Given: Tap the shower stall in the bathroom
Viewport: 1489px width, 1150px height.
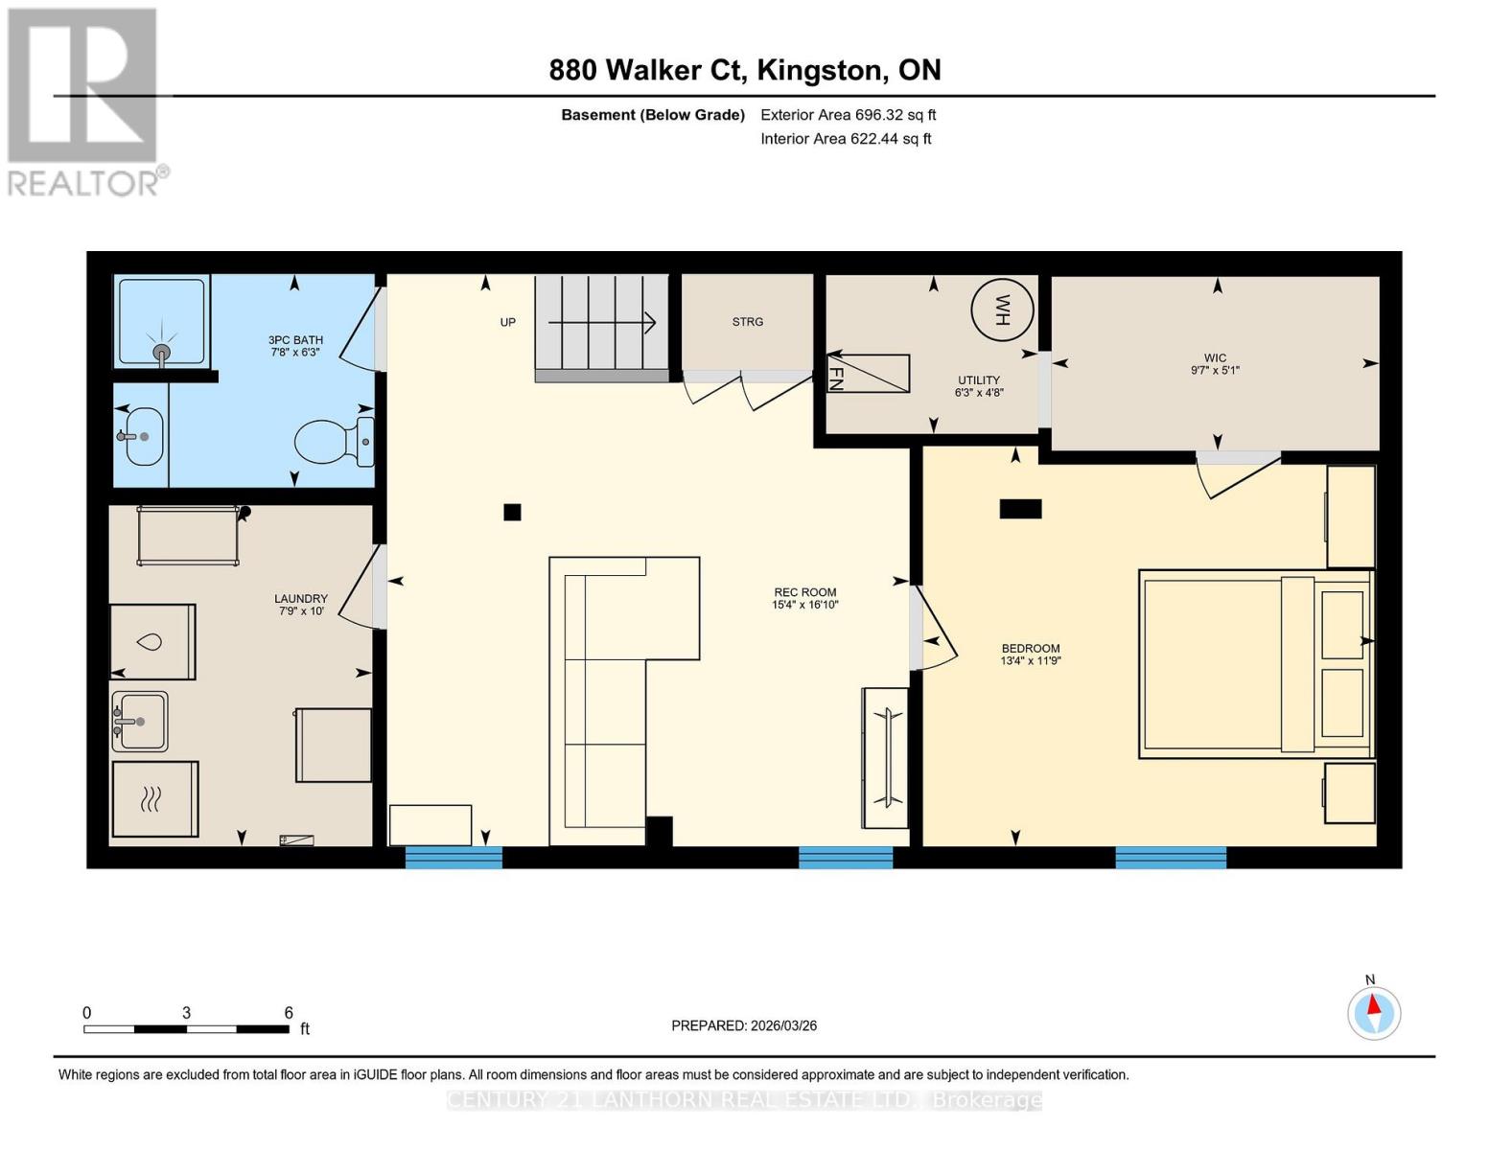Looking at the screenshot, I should pyautogui.click(x=161, y=322).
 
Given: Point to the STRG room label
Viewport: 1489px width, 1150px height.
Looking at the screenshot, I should pyautogui.click(x=748, y=322).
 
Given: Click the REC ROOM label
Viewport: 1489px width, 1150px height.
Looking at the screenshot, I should pyautogui.click(x=805, y=592).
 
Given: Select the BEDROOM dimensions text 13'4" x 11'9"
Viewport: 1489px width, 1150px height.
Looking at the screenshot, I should pyautogui.click(x=1031, y=661).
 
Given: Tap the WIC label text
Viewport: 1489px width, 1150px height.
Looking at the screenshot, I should pyautogui.click(x=1215, y=357).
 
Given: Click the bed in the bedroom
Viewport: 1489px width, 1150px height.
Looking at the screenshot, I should pyautogui.click(x=1254, y=664).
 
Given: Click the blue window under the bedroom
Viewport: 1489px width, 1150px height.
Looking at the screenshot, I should pyautogui.click(x=1171, y=857).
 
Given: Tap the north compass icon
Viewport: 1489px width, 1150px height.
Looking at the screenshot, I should pyautogui.click(x=1373, y=1012).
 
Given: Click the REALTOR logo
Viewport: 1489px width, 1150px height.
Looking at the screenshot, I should pyautogui.click(x=84, y=102).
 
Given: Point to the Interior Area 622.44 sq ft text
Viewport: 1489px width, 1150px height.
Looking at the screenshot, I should pyautogui.click(x=846, y=139).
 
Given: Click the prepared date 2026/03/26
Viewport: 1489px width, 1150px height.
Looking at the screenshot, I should pyautogui.click(x=744, y=1025).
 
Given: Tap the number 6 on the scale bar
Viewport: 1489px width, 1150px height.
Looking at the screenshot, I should pyautogui.click(x=289, y=1013).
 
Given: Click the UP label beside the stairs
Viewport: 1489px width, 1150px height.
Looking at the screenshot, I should pyautogui.click(x=508, y=322).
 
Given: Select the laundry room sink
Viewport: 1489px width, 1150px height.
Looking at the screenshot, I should pyautogui.click(x=140, y=721).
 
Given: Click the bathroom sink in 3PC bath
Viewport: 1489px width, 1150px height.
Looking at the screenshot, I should pyautogui.click(x=143, y=436).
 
